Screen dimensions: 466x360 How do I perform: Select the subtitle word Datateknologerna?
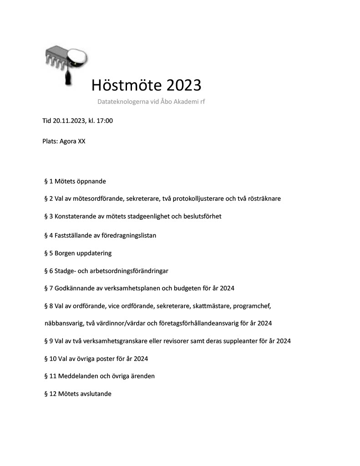pyautogui.click(x=123, y=101)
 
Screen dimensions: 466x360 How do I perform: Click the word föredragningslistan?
pyautogui.click(x=126, y=235)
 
